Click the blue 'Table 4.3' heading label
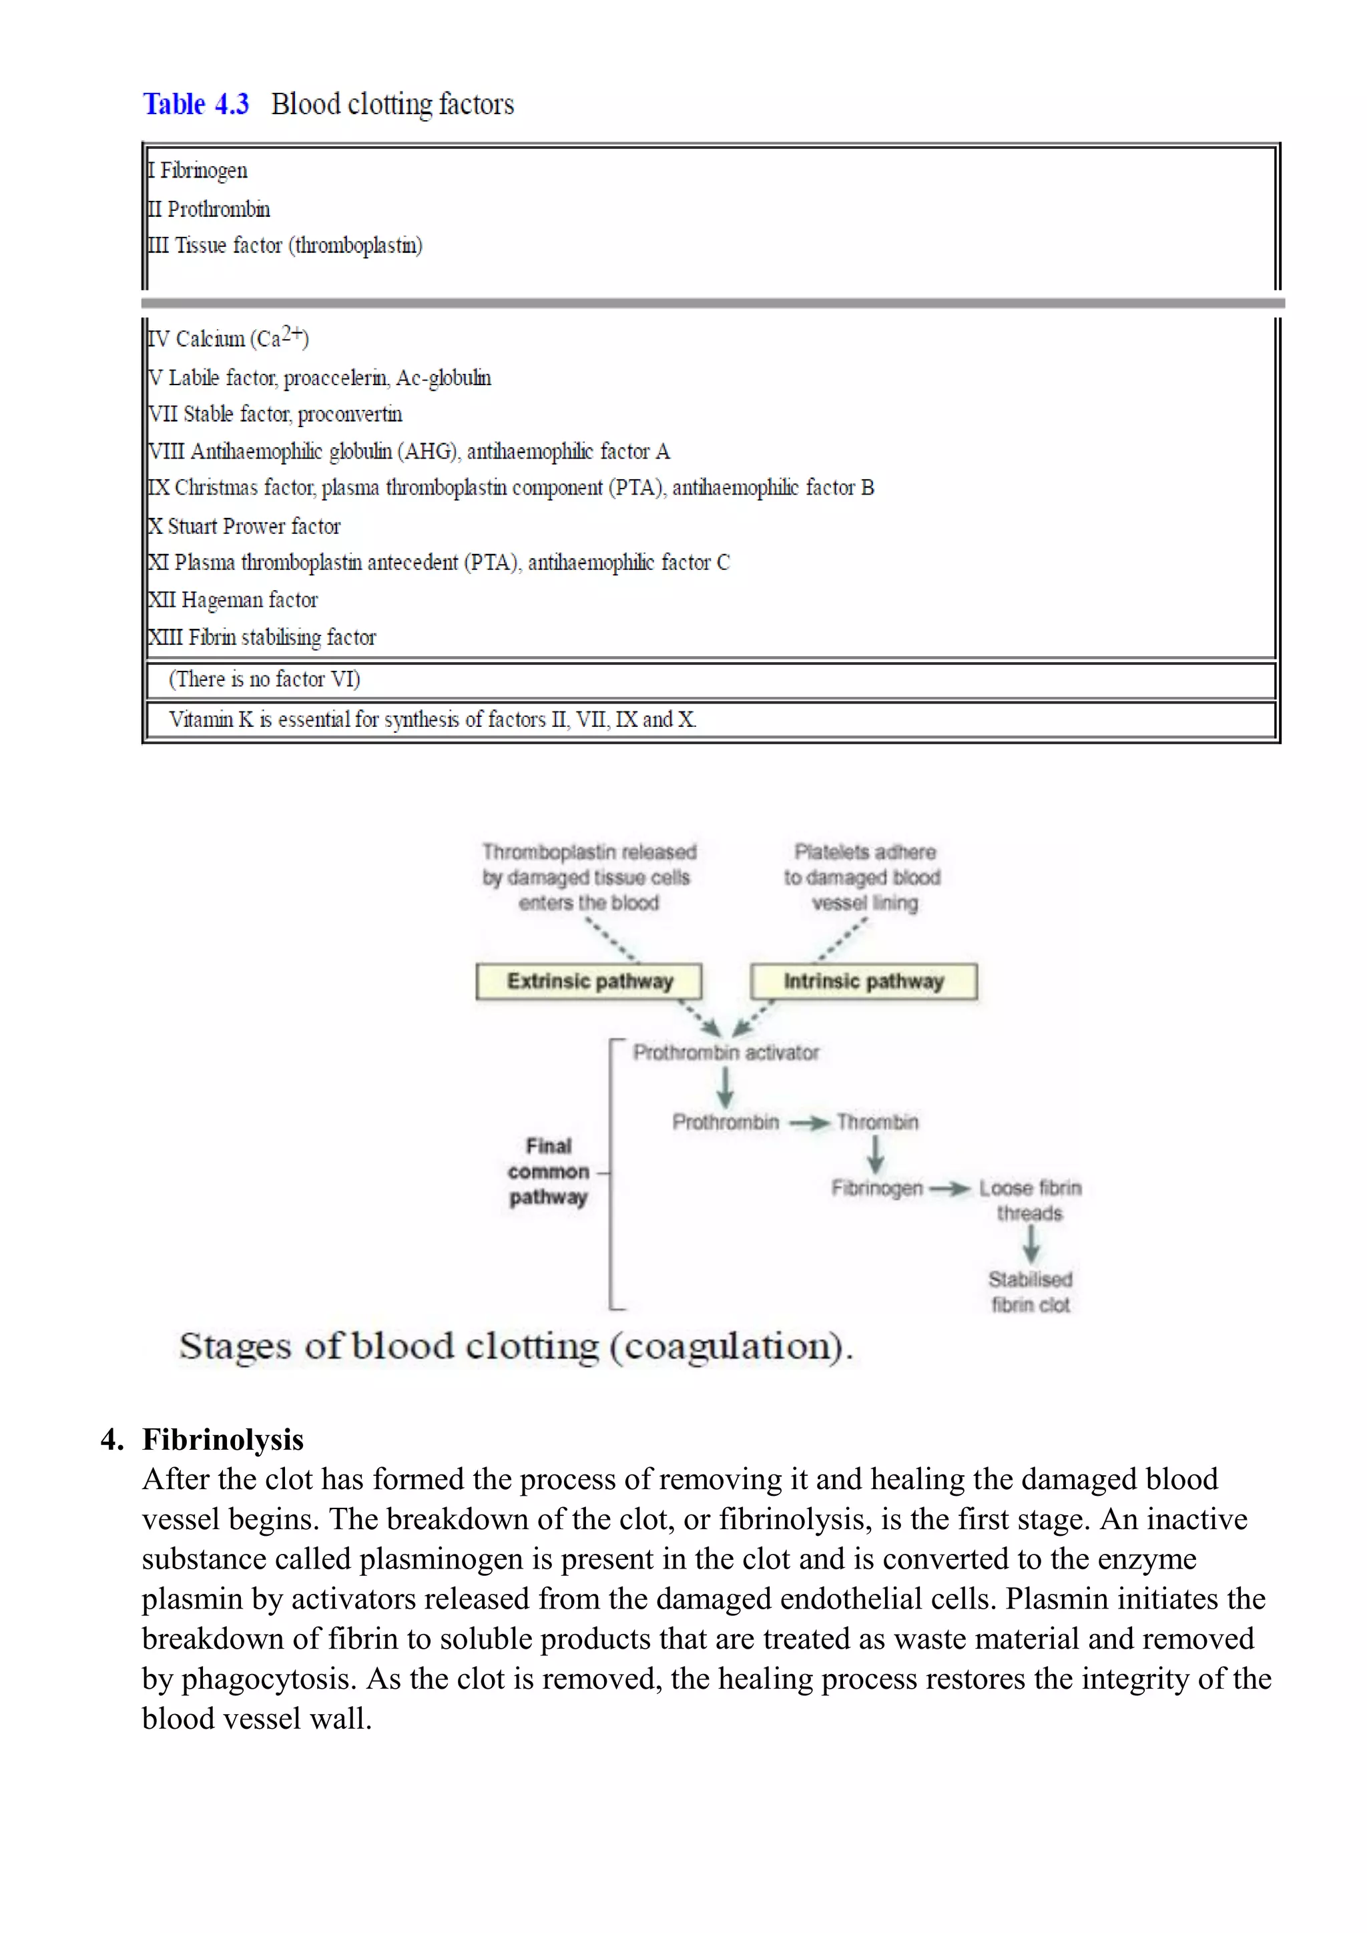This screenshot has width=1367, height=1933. (196, 104)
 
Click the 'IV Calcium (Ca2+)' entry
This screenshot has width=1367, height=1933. (228, 338)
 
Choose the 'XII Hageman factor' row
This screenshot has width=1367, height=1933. (233, 600)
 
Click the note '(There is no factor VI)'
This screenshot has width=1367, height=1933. (264, 679)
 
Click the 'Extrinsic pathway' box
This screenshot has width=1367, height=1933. (589, 982)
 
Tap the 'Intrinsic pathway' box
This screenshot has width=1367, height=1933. (864, 982)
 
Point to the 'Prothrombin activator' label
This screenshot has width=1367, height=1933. (726, 1053)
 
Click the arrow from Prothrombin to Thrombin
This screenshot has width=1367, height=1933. (809, 1123)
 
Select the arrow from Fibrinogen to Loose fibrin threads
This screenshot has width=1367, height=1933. (950, 1189)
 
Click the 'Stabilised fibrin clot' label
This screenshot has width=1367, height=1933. (1031, 1292)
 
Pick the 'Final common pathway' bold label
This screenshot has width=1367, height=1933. (548, 1172)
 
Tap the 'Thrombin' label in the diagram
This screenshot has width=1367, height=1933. (877, 1122)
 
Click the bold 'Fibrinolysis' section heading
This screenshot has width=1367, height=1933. (223, 1440)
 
